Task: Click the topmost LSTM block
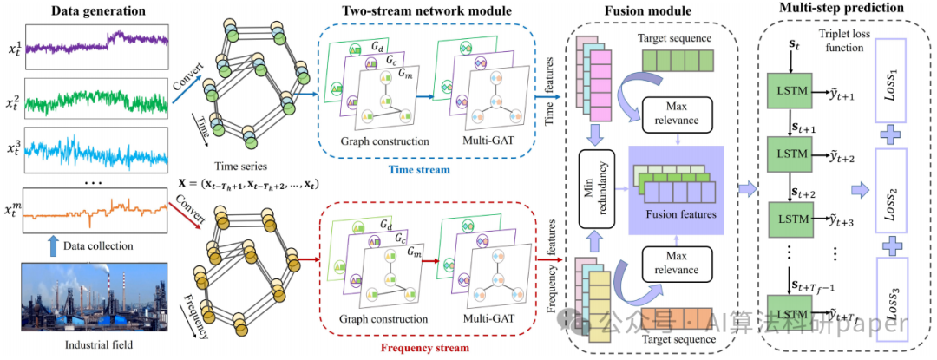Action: (790, 91)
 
